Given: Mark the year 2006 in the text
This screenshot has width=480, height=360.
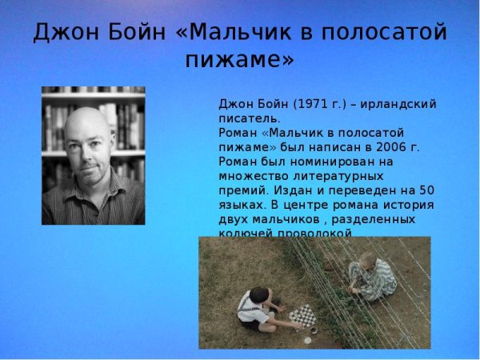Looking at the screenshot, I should [406, 146].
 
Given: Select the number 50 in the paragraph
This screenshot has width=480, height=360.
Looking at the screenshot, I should [426, 190].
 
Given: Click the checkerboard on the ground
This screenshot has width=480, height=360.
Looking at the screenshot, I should [302, 316].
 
